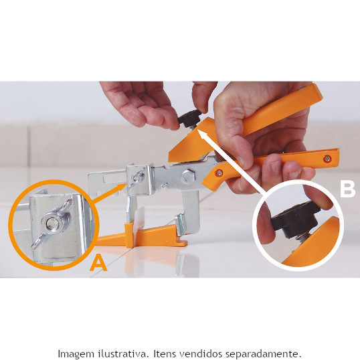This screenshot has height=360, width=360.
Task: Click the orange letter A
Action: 98,264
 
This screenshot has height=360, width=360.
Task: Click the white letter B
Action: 347,189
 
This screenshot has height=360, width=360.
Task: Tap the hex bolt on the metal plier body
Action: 188,177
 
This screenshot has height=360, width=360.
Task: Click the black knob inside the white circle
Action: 296,219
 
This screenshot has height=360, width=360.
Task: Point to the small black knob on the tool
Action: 189,118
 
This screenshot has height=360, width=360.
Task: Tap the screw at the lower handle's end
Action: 327,158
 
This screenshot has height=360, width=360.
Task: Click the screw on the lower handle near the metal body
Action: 219,173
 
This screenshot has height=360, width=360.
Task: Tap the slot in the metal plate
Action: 114,179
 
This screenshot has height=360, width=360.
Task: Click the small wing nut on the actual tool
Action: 137,178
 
